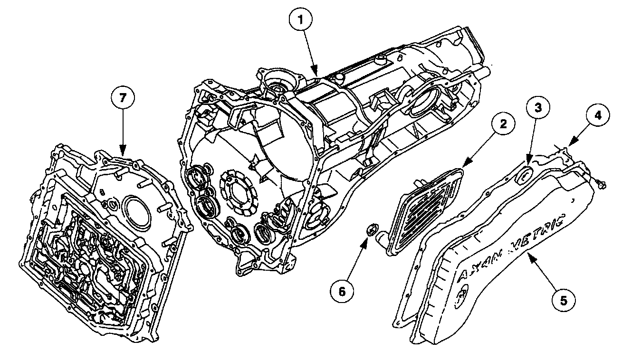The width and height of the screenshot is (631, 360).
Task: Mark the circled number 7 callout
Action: pos(123,98)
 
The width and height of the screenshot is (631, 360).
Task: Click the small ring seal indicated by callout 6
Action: pos(371,231)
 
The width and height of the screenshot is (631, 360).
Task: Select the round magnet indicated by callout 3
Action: pos(523,173)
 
